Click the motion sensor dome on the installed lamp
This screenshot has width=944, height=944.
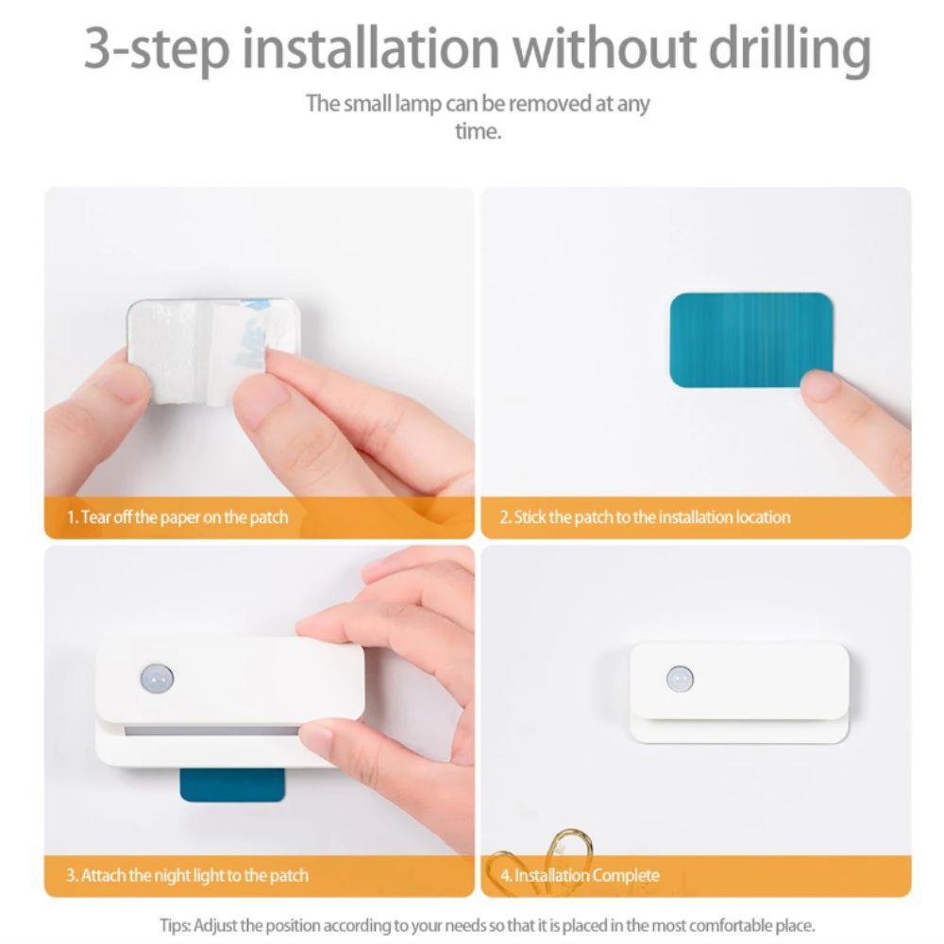(679, 677)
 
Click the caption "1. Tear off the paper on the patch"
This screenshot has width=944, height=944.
(177, 517)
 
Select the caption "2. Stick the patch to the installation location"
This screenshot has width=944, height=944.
(645, 517)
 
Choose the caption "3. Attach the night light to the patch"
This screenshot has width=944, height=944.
(187, 875)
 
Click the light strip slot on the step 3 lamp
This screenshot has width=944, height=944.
(212, 730)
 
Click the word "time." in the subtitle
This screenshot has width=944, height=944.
(478, 131)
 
